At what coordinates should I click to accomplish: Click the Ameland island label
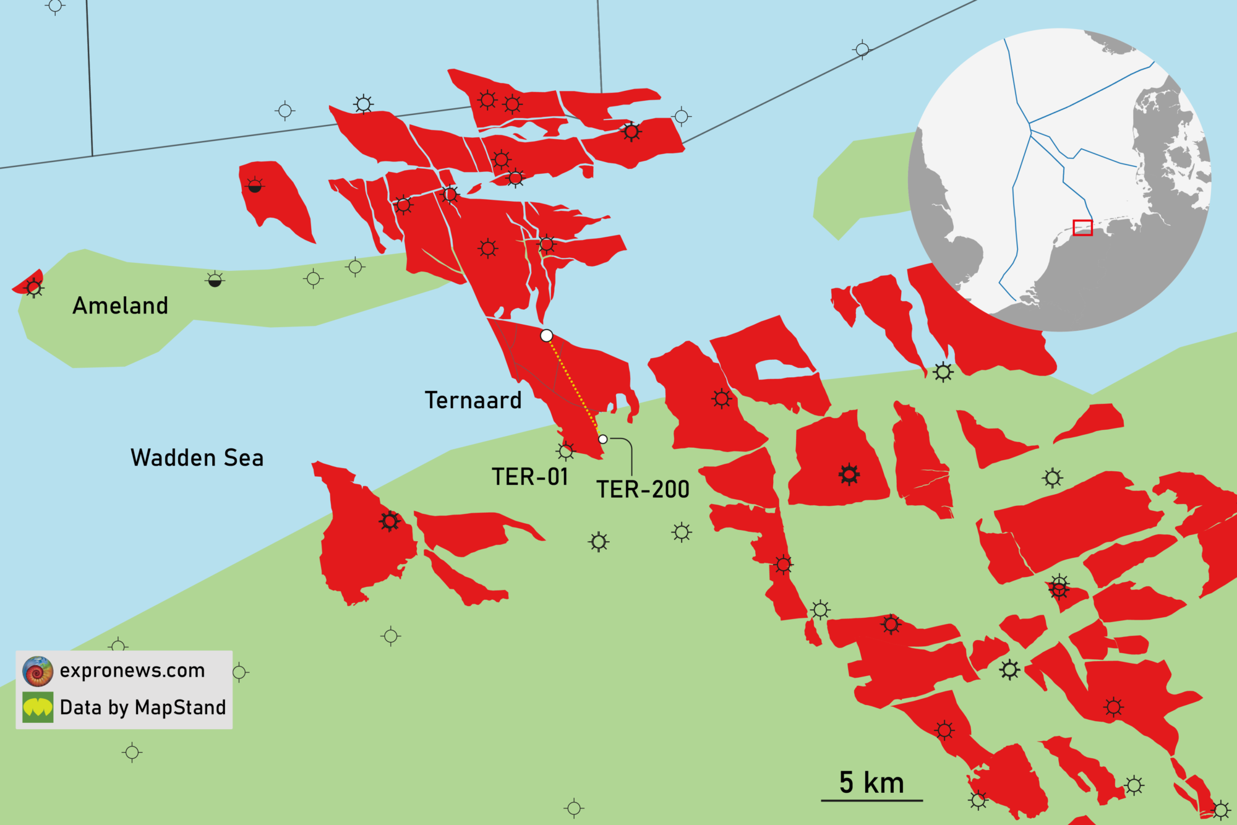120,306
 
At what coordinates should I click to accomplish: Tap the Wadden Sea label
197,458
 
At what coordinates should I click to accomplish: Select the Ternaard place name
473,401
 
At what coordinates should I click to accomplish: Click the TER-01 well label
529,477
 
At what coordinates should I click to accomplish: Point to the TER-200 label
643,490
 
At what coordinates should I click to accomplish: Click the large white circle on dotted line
546,336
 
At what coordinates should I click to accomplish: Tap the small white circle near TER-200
603,439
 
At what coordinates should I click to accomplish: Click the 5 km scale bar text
871,783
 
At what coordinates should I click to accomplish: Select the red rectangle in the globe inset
1082,228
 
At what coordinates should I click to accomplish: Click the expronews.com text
132,670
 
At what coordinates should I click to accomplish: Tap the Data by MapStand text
143,707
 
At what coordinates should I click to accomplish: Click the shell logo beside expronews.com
38,672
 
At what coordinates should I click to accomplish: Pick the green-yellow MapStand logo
38,707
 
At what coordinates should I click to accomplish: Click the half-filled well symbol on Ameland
215,280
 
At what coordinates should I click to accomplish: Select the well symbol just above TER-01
565,451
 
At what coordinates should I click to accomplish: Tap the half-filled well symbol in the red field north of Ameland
255,185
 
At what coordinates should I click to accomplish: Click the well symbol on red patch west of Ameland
34,288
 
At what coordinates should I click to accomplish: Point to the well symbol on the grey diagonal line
862,49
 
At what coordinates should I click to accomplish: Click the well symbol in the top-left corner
55,7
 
